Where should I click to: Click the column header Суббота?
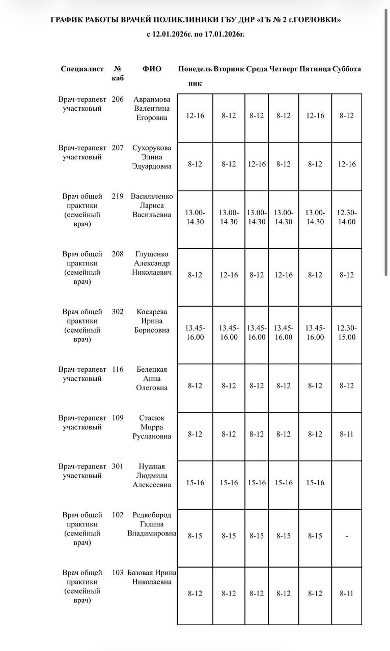pos(347,69)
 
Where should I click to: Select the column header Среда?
pos(257,69)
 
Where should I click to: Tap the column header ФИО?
pos(152,69)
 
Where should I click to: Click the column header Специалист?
pos(82,69)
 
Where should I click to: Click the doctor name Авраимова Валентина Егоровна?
pos(152,108)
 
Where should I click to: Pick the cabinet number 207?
pos(118,148)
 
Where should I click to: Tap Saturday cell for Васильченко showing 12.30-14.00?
pos(347,217)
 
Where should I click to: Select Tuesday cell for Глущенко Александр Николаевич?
pos(229,275)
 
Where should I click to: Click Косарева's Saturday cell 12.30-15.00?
pos(347,333)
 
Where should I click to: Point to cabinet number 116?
pos(118,370)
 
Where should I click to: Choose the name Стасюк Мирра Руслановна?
pos(152,427)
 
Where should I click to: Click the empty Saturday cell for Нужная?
pos(347,483)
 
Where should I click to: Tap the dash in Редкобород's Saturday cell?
pos(347,536)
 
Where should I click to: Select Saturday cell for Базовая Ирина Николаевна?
pos(347,594)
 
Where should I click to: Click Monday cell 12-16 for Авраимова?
pos(195,115)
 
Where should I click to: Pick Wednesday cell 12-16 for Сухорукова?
pos(257,164)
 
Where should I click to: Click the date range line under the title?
pos(196,35)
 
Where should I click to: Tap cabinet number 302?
pos(118,312)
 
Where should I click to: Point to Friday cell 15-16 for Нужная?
pos(315,483)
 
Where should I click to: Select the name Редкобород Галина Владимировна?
pos(152,524)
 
